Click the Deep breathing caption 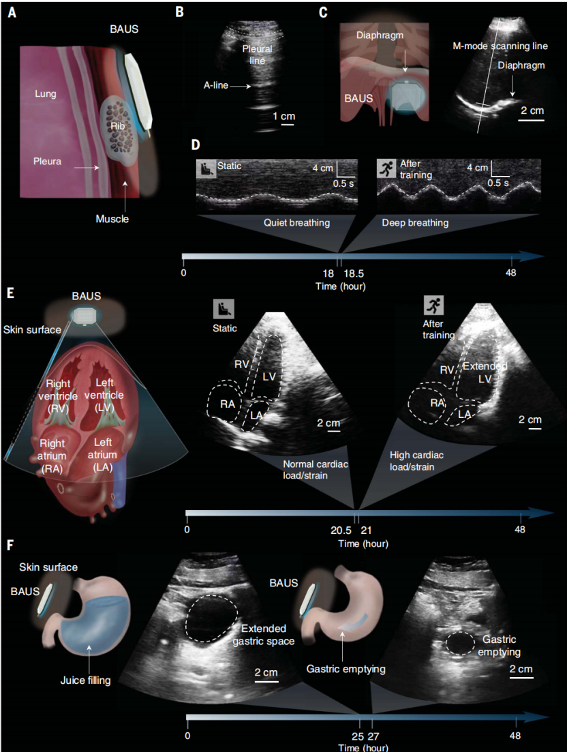pyautogui.click(x=410, y=222)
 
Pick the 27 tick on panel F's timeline pyautogui.click(x=373, y=736)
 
